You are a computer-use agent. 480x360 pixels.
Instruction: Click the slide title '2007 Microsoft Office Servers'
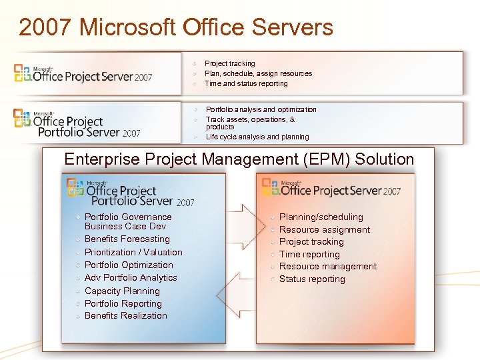pyautogui.click(x=176, y=27)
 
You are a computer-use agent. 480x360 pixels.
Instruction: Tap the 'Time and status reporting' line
pyautogui.click(x=246, y=83)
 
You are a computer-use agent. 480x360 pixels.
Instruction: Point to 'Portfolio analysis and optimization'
pyautogui.click(x=261, y=109)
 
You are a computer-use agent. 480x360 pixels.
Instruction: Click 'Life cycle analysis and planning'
pyautogui.click(x=257, y=137)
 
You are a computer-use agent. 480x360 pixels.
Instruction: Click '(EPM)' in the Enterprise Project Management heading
pyautogui.click(x=325, y=159)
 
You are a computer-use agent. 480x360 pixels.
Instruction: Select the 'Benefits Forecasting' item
pyautogui.click(x=127, y=239)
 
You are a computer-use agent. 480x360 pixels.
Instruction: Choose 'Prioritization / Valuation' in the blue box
pyautogui.click(x=133, y=252)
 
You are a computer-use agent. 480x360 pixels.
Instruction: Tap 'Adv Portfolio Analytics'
pyautogui.click(x=131, y=277)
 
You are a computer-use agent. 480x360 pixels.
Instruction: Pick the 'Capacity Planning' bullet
pyautogui.click(x=122, y=291)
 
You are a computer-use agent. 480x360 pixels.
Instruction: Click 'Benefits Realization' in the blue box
pyautogui.click(x=125, y=315)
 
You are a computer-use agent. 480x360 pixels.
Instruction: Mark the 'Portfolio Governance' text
pyautogui.click(x=128, y=217)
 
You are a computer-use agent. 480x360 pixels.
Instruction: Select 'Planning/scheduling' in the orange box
pyautogui.click(x=321, y=217)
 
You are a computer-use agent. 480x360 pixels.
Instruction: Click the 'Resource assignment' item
pyautogui.click(x=324, y=229)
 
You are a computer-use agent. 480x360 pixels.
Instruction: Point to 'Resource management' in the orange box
pyautogui.click(x=327, y=266)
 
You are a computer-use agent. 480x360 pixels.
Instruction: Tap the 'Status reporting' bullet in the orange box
pyautogui.click(x=312, y=279)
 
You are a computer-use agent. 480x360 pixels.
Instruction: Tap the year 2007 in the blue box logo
pyautogui.click(x=186, y=202)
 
